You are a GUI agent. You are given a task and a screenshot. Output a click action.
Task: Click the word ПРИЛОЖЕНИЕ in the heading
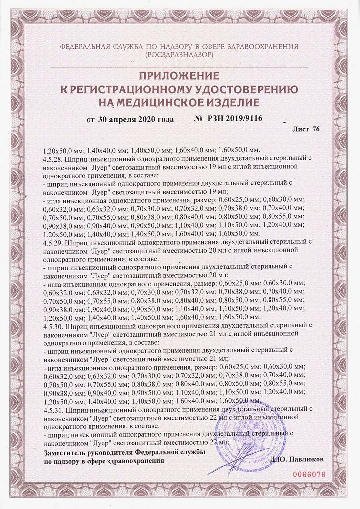[179, 76]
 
